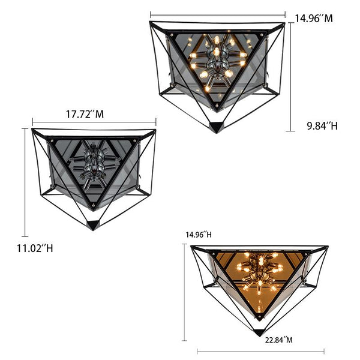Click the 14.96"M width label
click(x=314, y=19)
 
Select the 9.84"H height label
click(x=323, y=126)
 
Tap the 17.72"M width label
click(x=85, y=114)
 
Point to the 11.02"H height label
click(x=35, y=248)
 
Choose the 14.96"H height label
click(x=199, y=235)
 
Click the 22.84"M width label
click(x=279, y=340)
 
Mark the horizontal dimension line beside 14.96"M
click(x=218, y=15)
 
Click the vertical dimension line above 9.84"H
click(x=290, y=77)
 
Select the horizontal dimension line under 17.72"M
click(x=94, y=122)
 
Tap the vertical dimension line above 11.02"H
click(x=25, y=182)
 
